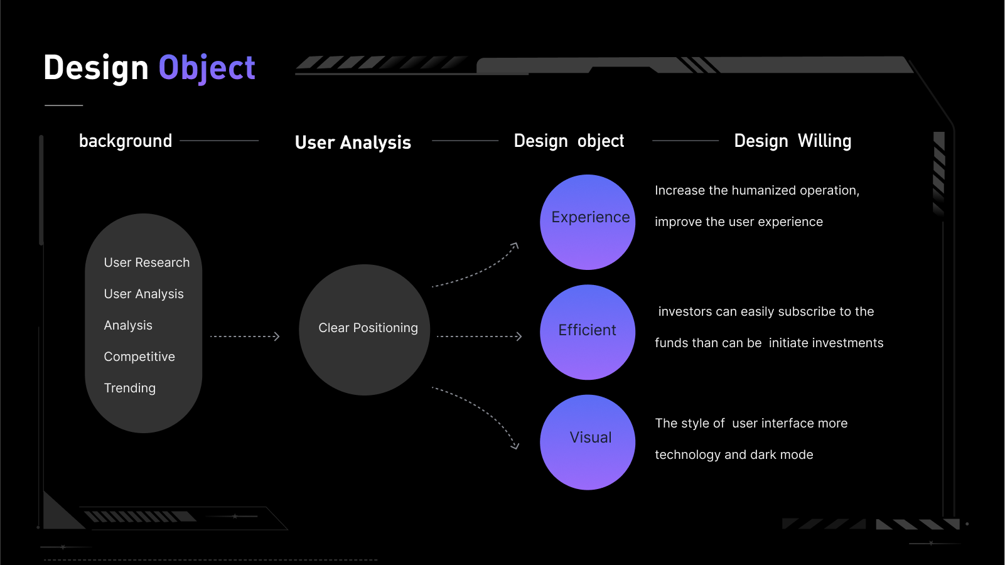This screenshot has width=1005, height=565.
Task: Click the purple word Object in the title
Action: click(207, 68)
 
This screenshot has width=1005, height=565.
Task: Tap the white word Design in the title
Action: click(95, 68)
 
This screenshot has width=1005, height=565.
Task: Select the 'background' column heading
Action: click(126, 141)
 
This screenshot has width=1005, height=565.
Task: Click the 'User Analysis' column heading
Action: click(353, 143)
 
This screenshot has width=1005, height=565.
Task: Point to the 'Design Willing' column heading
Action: click(793, 141)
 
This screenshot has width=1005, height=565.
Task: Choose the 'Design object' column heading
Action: click(569, 141)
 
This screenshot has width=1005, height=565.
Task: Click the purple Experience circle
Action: click(588, 222)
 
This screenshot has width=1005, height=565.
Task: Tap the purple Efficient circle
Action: click(588, 332)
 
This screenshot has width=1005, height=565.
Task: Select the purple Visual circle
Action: click(588, 442)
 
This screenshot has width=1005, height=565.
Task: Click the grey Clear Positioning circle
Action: click(364, 330)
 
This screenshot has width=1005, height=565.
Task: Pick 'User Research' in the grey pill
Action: click(147, 262)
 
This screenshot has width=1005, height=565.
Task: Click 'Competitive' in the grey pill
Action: click(139, 357)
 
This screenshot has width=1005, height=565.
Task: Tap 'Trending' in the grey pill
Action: click(130, 388)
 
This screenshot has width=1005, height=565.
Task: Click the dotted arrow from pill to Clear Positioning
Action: click(245, 336)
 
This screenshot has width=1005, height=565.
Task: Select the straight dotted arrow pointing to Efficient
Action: click(480, 336)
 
